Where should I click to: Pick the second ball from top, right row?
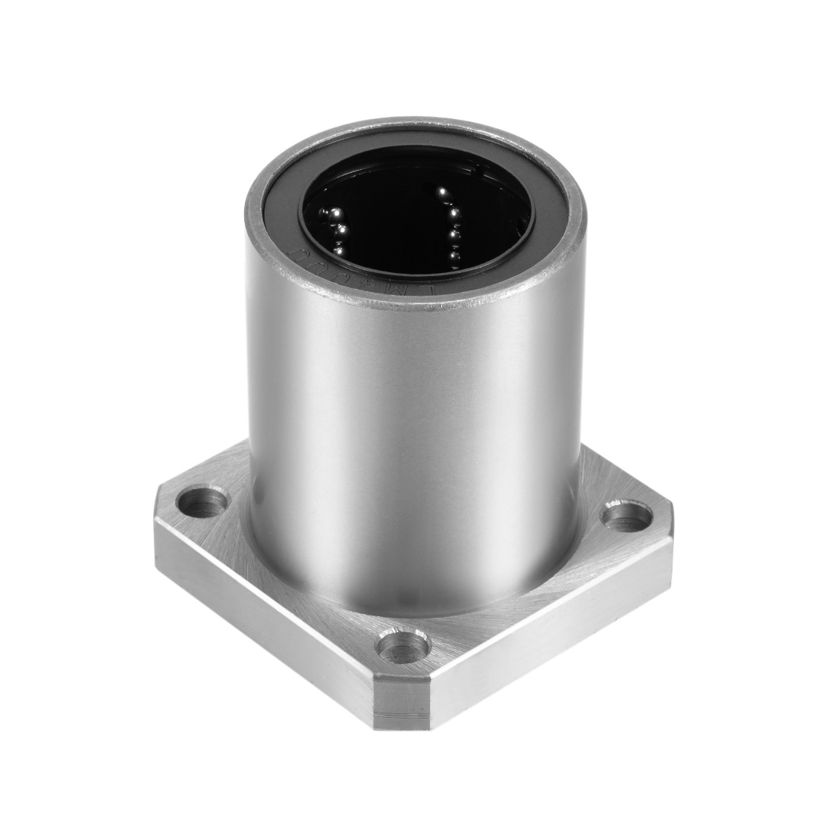point(453,221)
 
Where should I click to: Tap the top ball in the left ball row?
point(331,215)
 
